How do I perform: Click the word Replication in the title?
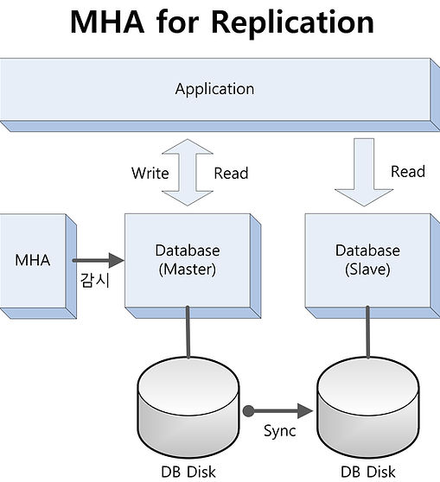pyautogui.click(x=292, y=22)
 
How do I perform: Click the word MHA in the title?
pyautogui.click(x=107, y=22)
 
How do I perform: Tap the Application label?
pyautogui.click(x=214, y=90)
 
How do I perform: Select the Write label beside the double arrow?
pyautogui.click(x=150, y=173)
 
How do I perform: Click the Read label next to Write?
pyautogui.click(x=231, y=173)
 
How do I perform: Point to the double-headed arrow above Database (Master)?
pyautogui.click(x=188, y=172)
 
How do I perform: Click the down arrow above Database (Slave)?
pyautogui.click(x=364, y=172)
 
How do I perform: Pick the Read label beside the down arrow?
pyautogui.click(x=408, y=171)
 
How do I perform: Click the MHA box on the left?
pyautogui.click(x=38, y=266)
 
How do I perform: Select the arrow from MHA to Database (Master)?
pyautogui.click(x=99, y=260)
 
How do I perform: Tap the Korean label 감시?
pyautogui.click(x=95, y=281)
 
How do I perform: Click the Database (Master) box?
pyautogui.click(x=193, y=266)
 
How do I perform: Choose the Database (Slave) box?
pyautogui.click(x=373, y=266)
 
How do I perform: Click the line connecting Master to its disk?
pyautogui.click(x=188, y=332)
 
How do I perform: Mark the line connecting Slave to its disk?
pyautogui.click(x=367, y=332)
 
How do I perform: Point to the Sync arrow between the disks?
pyautogui.click(x=277, y=411)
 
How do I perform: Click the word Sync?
pyautogui.click(x=280, y=431)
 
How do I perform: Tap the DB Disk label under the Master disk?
pyautogui.click(x=188, y=472)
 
